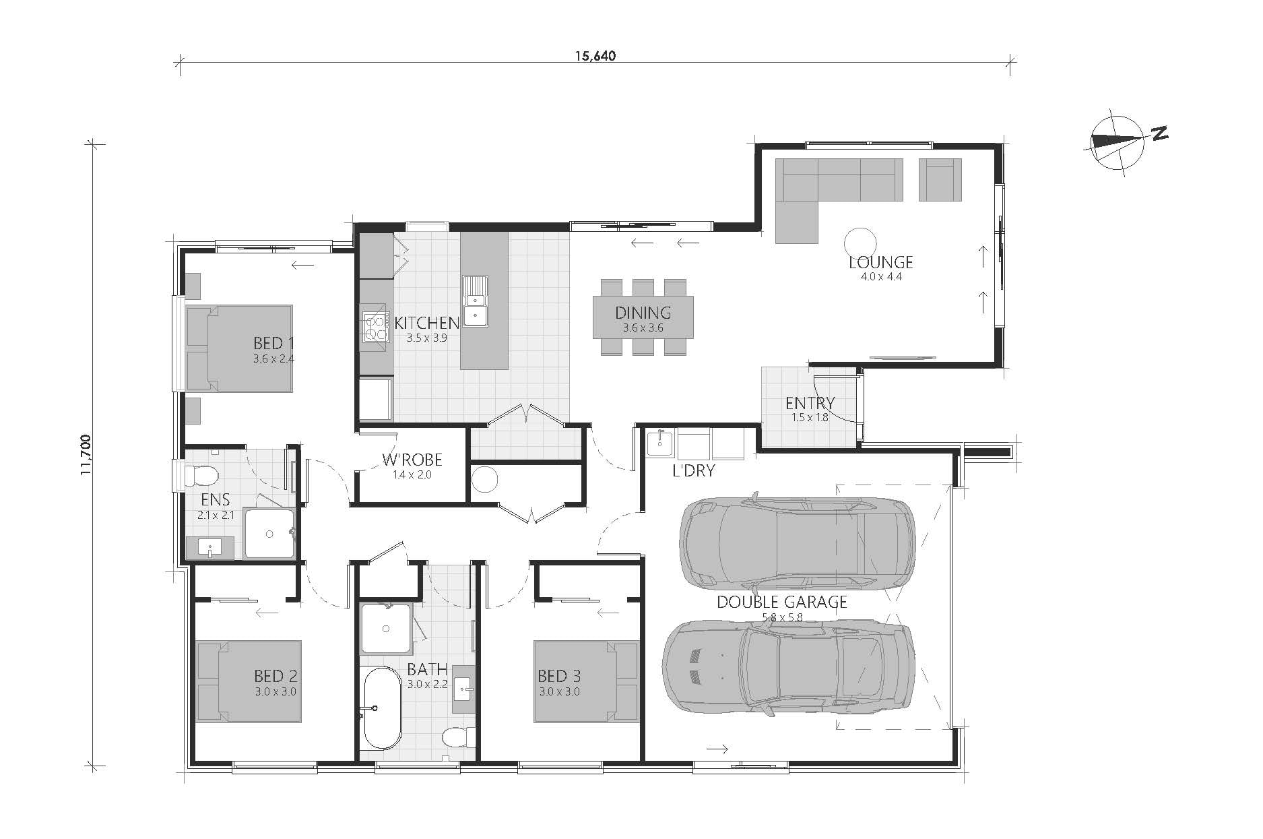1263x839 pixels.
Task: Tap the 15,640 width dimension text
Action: pos(595,56)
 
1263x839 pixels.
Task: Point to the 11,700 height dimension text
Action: pos(86,456)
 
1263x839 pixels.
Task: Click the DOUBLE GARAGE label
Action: pos(781,602)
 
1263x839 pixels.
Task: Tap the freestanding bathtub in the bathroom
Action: pos(381,708)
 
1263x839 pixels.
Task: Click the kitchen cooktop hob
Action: pos(375,328)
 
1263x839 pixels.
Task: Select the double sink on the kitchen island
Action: pos(475,301)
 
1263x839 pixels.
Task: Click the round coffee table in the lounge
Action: pos(860,242)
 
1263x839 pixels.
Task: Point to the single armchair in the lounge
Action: pos(940,179)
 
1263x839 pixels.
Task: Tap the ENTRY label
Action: pos(810,403)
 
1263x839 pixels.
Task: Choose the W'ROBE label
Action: pos(412,460)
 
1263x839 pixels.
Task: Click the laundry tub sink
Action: pos(659,443)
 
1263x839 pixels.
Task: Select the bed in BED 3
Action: pos(586,681)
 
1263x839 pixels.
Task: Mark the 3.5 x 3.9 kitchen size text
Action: pos(426,338)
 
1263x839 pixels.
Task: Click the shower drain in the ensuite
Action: pos(269,534)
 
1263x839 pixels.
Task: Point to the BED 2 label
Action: pos(276,675)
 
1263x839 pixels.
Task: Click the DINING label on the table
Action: pos(643,313)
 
